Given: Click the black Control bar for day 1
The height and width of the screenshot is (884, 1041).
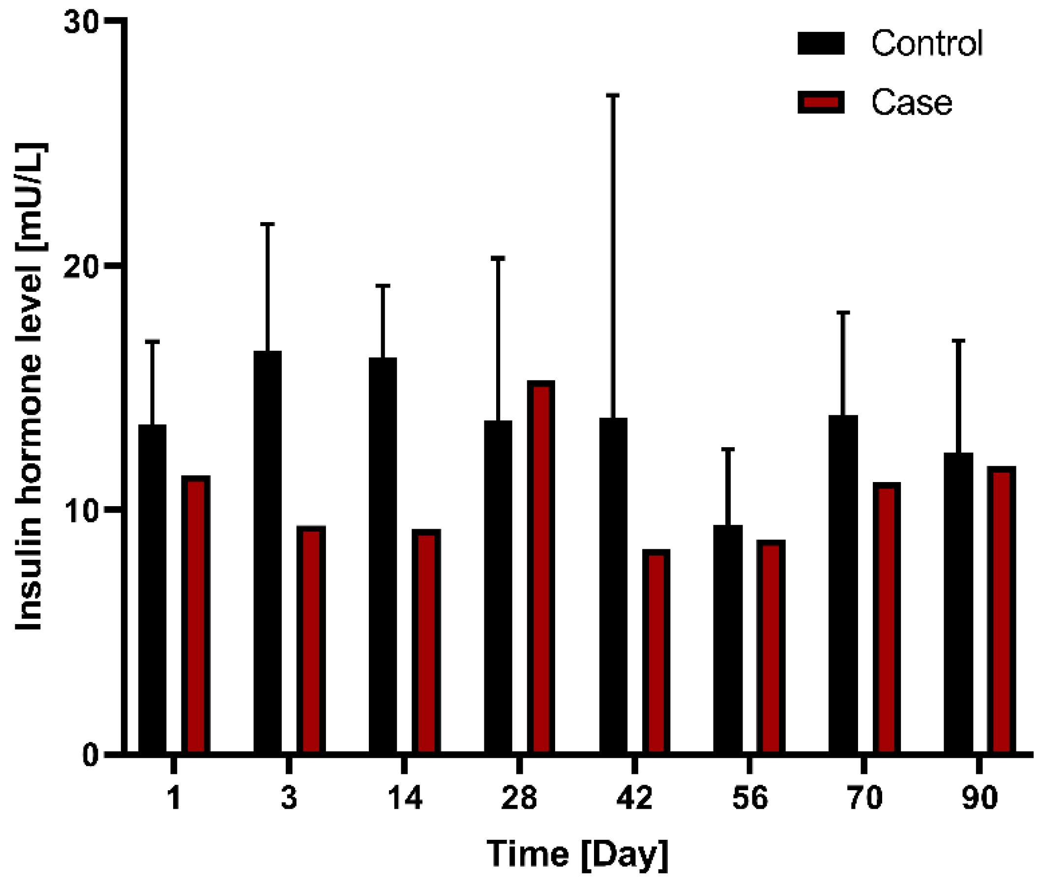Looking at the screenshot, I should point(152,589).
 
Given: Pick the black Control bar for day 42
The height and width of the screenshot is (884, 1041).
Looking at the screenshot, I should point(613,585).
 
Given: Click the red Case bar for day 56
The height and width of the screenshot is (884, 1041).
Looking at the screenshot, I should point(771,647).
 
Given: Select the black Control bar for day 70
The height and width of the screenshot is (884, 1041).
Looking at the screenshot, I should point(843,584).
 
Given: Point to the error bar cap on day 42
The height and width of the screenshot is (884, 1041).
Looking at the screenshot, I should point(613,95).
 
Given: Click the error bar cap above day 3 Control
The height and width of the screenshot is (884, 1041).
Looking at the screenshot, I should point(268,224).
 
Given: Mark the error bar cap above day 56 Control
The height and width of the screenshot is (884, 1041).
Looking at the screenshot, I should point(728,449).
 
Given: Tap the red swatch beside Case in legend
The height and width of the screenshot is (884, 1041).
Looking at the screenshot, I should point(821,103).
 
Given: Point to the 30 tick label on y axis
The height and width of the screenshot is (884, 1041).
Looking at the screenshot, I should point(81,23).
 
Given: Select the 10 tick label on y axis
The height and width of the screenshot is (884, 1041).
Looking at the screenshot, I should point(81,511).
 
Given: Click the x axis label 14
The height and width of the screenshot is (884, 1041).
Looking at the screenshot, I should point(405,798).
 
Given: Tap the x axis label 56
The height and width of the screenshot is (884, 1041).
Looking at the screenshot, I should point(750,798).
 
